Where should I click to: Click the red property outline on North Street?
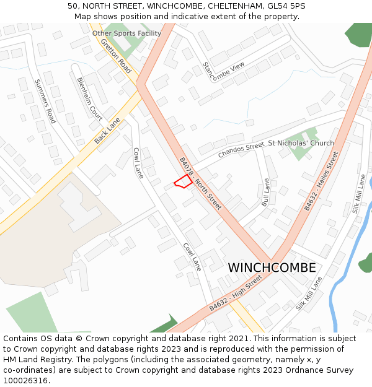tap(182, 181)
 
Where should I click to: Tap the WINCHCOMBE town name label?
tap(272, 268)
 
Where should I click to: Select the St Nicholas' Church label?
tap(301, 143)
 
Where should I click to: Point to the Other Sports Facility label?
tap(126, 33)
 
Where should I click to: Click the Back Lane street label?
tap(107, 131)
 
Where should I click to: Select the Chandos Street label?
tap(241, 149)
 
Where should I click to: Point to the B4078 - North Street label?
tap(200, 183)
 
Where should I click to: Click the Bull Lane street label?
tap(266, 193)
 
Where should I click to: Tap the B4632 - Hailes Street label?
tap(321, 180)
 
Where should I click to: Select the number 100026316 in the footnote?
tap(26, 380)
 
